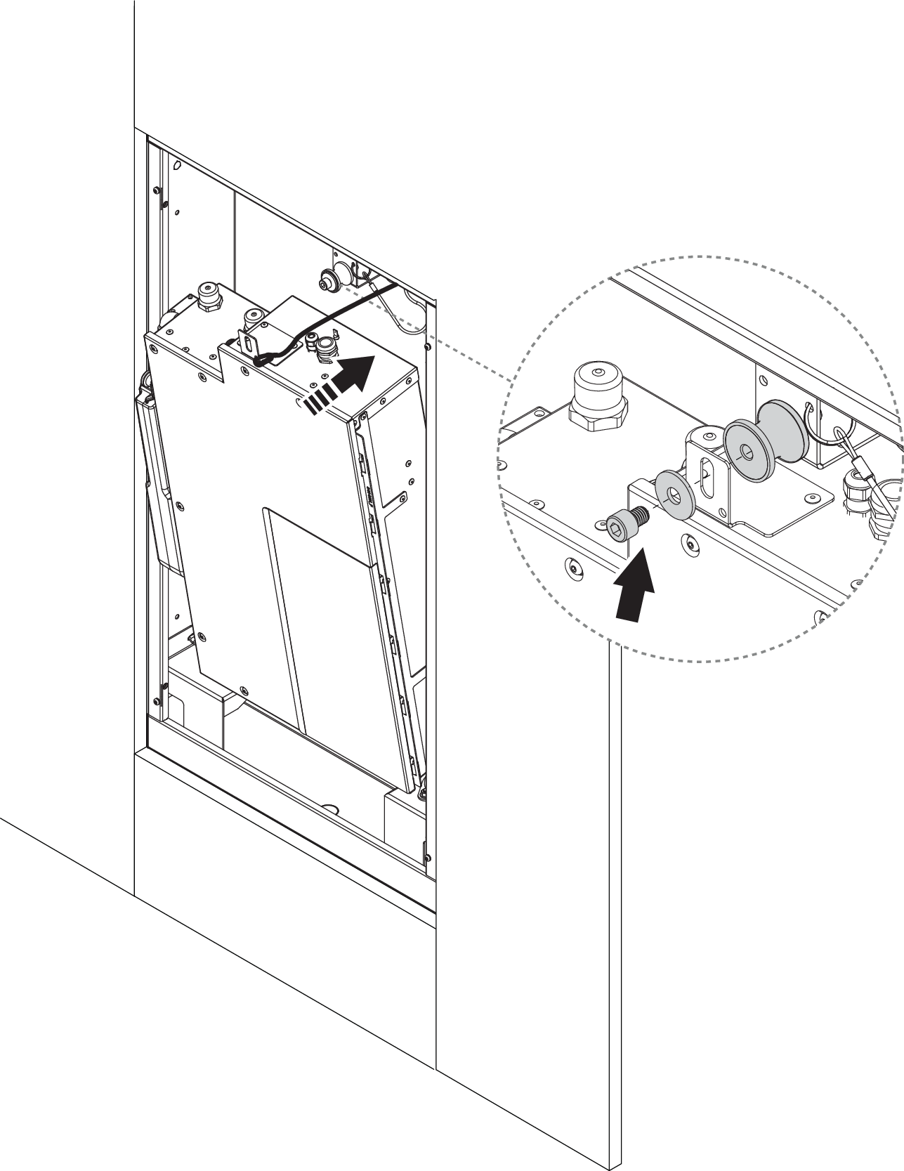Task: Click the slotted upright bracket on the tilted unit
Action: pyautogui.click(x=251, y=341)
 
